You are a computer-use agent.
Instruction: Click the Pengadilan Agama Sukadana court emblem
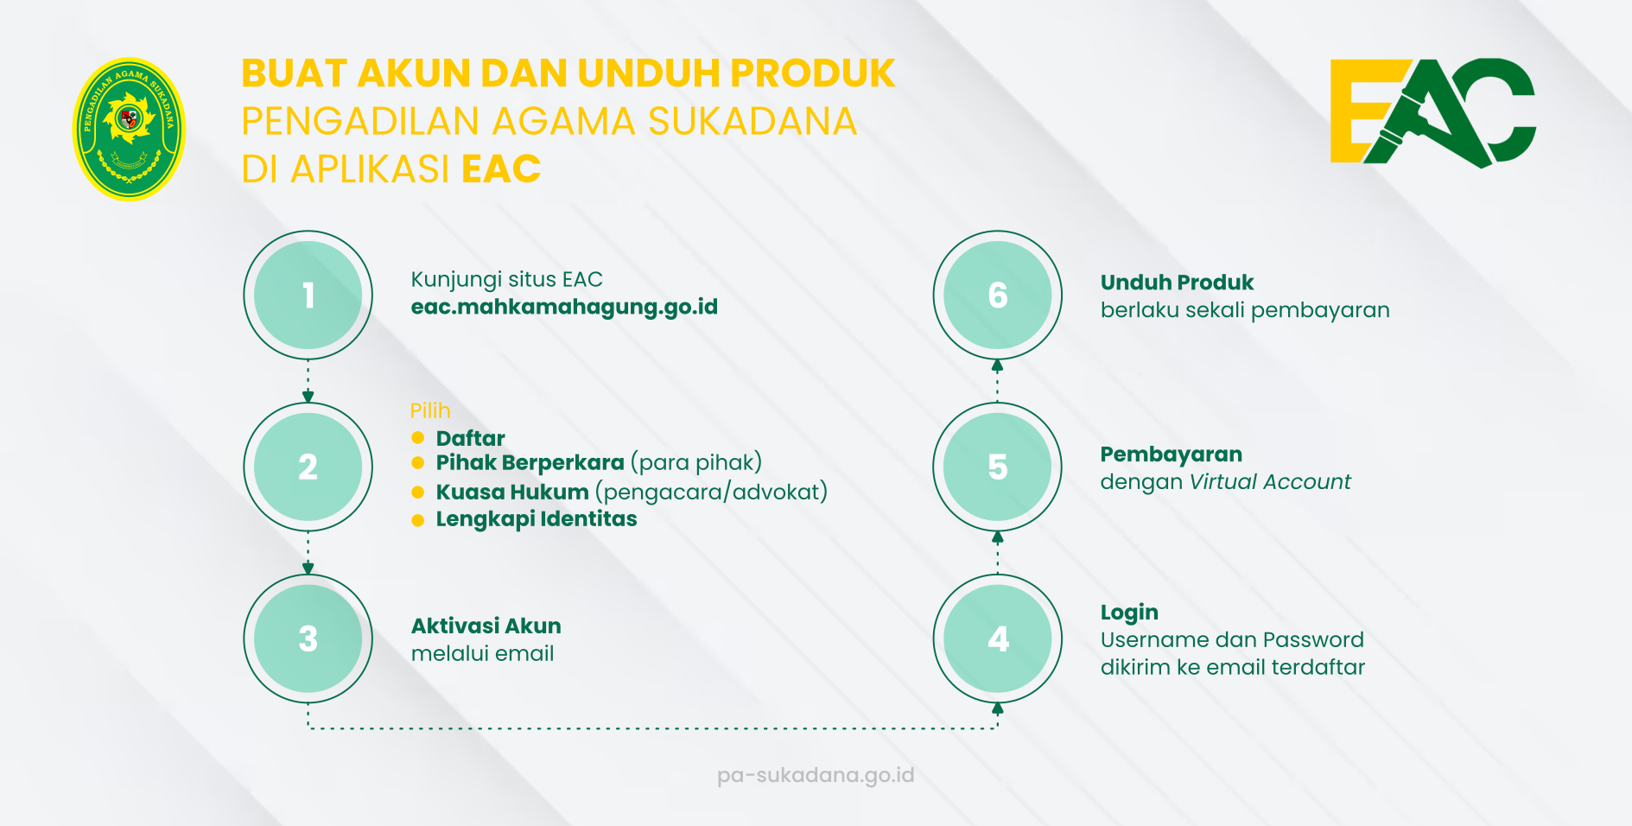click(x=129, y=130)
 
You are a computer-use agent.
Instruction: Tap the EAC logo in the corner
click(x=1432, y=112)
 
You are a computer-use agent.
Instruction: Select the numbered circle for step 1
click(x=308, y=295)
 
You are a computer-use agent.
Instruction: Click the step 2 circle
click(x=308, y=467)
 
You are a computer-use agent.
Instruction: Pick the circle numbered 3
click(x=308, y=639)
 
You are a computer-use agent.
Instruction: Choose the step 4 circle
click(x=998, y=639)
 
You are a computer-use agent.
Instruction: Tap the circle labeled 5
click(x=998, y=467)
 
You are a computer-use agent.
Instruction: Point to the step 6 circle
click(x=998, y=295)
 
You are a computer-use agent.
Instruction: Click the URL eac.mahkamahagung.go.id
click(x=564, y=308)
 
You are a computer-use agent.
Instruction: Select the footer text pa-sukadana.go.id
click(x=816, y=775)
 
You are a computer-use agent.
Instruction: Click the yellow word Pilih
click(x=430, y=410)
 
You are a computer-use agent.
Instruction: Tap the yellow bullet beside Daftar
click(x=418, y=437)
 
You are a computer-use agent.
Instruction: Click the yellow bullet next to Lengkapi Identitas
click(x=418, y=520)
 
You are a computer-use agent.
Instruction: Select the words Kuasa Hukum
click(x=512, y=492)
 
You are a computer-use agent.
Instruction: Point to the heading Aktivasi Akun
click(x=486, y=626)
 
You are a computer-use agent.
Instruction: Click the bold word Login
click(x=1129, y=613)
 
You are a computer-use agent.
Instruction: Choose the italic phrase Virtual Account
click(x=1270, y=481)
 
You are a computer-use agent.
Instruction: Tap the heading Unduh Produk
click(x=1177, y=283)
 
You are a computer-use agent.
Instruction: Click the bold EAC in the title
click(x=501, y=168)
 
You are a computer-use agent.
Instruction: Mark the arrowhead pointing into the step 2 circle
click(x=308, y=397)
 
